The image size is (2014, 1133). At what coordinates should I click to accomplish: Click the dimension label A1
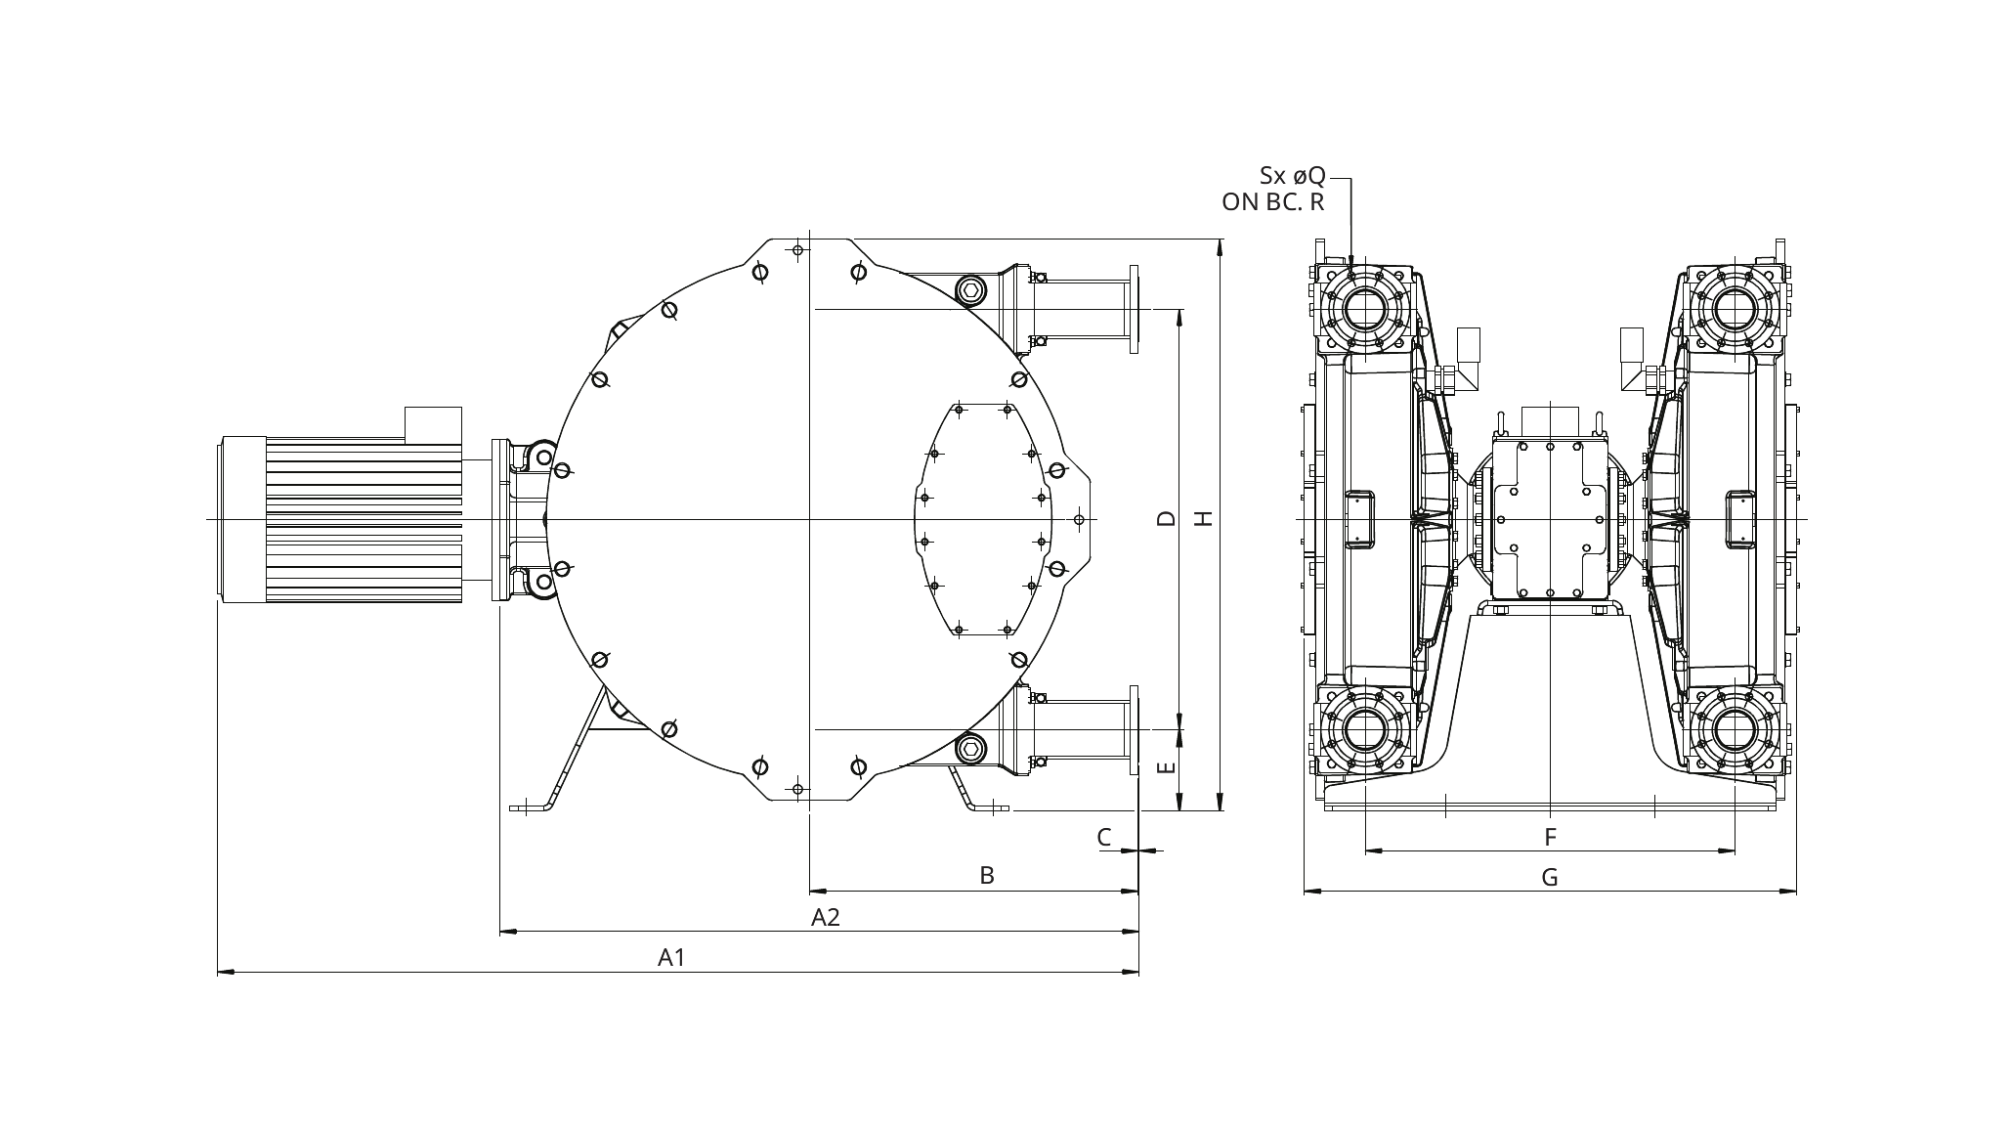click(671, 957)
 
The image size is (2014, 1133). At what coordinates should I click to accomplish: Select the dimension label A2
click(826, 917)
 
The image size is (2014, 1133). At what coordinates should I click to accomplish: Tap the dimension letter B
click(987, 875)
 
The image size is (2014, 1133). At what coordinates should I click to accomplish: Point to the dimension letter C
click(1104, 837)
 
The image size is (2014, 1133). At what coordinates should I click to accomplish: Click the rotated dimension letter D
click(1166, 518)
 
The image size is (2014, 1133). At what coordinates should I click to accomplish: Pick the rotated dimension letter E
click(1166, 768)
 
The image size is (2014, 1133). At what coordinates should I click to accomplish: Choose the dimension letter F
click(1550, 837)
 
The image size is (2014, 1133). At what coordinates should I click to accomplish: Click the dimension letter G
click(1550, 877)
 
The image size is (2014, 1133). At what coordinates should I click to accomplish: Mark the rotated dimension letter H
click(1205, 518)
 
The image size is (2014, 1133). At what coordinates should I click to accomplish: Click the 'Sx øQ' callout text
click(1292, 176)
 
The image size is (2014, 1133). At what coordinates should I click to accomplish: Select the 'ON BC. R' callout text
click(1273, 202)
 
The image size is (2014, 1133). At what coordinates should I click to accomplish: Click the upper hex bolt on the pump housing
click(970, 289)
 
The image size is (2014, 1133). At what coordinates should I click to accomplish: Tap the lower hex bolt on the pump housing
click(970, 750)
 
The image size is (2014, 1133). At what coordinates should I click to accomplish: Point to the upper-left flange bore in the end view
click(1365, 310)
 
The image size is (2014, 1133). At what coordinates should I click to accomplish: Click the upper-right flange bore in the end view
click(1735, 310)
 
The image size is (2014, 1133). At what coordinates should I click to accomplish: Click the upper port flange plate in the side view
click(1134, 309)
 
